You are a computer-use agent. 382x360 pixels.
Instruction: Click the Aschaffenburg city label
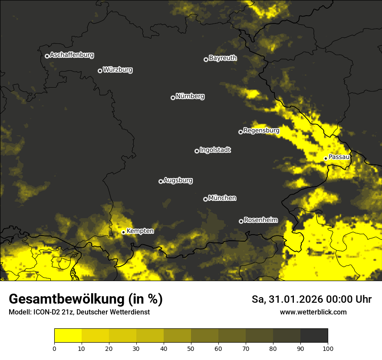72,55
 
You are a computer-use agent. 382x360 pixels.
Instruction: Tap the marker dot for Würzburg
100,71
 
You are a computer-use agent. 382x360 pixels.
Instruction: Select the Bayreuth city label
223,58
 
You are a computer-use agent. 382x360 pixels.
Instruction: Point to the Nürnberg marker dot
173,98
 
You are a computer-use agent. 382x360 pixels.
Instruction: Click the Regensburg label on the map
261,130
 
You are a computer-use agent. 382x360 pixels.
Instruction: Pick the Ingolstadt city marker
197,151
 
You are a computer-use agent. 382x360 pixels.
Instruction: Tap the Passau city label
339,157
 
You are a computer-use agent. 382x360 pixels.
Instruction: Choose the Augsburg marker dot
161,181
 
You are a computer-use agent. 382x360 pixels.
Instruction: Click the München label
222,198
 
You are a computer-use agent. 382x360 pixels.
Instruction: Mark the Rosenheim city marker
241,221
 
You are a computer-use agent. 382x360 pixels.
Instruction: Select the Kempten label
140,231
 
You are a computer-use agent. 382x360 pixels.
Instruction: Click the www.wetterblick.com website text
313,312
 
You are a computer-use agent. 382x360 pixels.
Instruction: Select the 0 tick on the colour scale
54,348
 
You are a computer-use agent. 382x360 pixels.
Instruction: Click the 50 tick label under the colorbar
191,348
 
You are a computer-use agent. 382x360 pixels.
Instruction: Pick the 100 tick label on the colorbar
328,348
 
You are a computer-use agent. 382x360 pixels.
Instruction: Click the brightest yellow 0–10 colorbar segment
68,336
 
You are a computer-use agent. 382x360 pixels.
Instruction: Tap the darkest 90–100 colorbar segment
314,336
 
